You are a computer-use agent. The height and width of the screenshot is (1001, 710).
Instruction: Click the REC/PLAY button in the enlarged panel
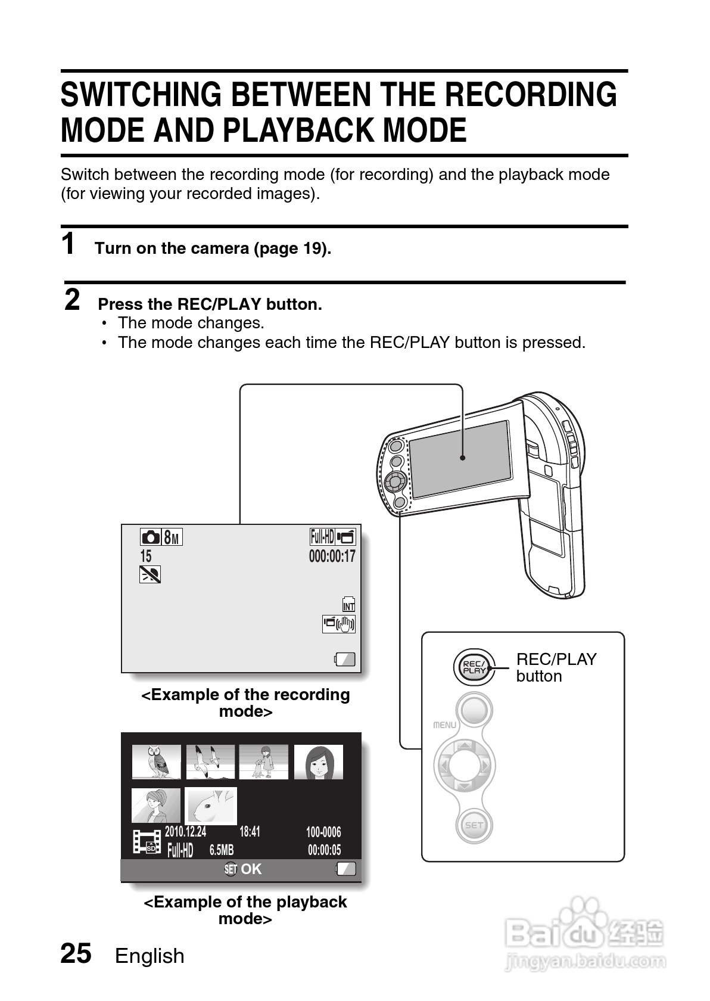click(x=474, y=667)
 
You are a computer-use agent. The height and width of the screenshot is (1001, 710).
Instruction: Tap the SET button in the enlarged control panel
click(x=474, y=825)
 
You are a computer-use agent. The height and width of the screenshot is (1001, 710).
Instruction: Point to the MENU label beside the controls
click(x=444, y=725)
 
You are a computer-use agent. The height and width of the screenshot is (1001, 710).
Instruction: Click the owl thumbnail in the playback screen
click(x=156, y=761)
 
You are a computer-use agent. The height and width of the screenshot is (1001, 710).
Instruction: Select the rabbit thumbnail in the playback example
click(x=210, y=806)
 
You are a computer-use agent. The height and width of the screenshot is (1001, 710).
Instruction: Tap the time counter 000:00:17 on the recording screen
click(x=332, y=557)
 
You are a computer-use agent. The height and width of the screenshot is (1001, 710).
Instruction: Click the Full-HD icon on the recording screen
click(x=322, y=537)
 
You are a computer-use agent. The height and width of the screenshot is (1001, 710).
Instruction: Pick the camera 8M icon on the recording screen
click(x=161, y=537)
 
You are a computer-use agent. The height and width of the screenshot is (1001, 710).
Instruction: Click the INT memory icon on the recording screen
click(x=348, y=605)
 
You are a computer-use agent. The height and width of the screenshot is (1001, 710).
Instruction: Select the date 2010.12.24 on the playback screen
click(x=185, y=832)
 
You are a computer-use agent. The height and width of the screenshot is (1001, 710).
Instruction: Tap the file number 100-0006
click(x=323, y=832)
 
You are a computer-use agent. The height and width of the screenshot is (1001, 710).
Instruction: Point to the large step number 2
click(x=72, y=300)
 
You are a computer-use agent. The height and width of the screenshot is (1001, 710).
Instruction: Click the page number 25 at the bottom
click(x=76, y=954)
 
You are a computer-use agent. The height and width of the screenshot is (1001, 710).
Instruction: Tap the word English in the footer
click(x=150, y=956)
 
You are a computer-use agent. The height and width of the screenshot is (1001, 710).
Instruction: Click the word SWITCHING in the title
click(x=141, y=95)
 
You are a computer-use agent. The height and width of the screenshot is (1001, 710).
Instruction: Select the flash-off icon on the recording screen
click(x=150, y=574)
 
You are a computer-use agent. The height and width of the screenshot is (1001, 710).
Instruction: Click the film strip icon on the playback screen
click(x=147, y=841)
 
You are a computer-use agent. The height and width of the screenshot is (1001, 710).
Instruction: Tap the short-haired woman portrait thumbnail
click(x=319, y=761)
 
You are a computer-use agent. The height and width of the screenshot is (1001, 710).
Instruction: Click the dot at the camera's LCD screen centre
click(x=462, y=458)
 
